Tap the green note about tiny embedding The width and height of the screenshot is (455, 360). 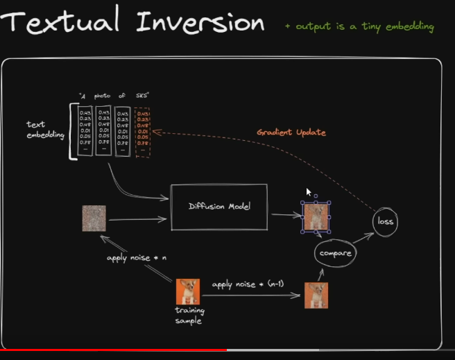point(359,26)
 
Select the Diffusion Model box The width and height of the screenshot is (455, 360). point(219,206)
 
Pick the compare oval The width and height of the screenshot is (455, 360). point(336,253)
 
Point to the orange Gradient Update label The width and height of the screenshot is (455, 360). point(291,132)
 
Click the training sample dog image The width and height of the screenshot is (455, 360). point(187,291)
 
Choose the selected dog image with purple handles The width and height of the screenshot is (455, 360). point(316,217)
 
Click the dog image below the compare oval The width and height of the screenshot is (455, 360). point(316,295)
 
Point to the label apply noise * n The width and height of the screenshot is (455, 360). point(137,258)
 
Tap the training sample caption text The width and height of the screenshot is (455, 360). point(187,316)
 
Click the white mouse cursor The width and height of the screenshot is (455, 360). point(309,192)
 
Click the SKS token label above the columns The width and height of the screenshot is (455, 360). point(142,95)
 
